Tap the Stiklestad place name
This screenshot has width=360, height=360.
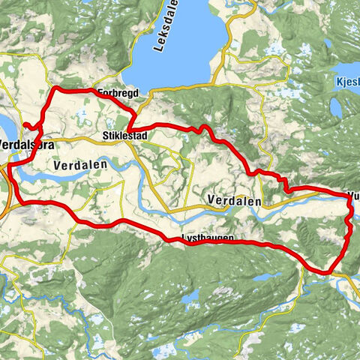(122, 136)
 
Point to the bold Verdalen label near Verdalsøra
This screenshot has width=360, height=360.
(81, 164)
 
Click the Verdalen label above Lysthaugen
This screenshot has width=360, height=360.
(232, 202)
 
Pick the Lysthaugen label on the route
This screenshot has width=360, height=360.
(208, 238)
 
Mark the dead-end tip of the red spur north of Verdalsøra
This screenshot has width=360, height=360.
(25, 124)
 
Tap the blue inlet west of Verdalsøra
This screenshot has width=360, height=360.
(4, 127)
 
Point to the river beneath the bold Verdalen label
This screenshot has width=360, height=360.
(75, 178)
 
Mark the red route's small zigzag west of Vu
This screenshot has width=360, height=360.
(283, 183)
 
